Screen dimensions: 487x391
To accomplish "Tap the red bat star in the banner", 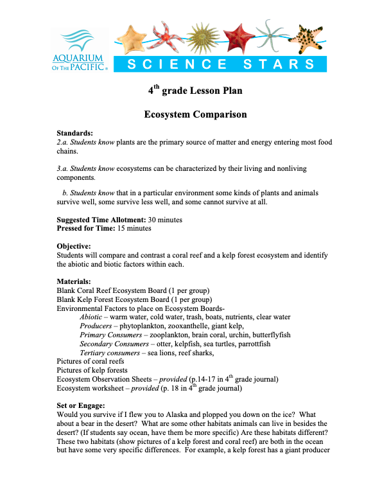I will pos(232,37).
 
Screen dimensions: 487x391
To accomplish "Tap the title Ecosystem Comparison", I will pos(195,114).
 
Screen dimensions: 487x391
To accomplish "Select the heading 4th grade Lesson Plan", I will pos(195,91).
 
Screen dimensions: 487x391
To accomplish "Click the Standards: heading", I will pos(77,133).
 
